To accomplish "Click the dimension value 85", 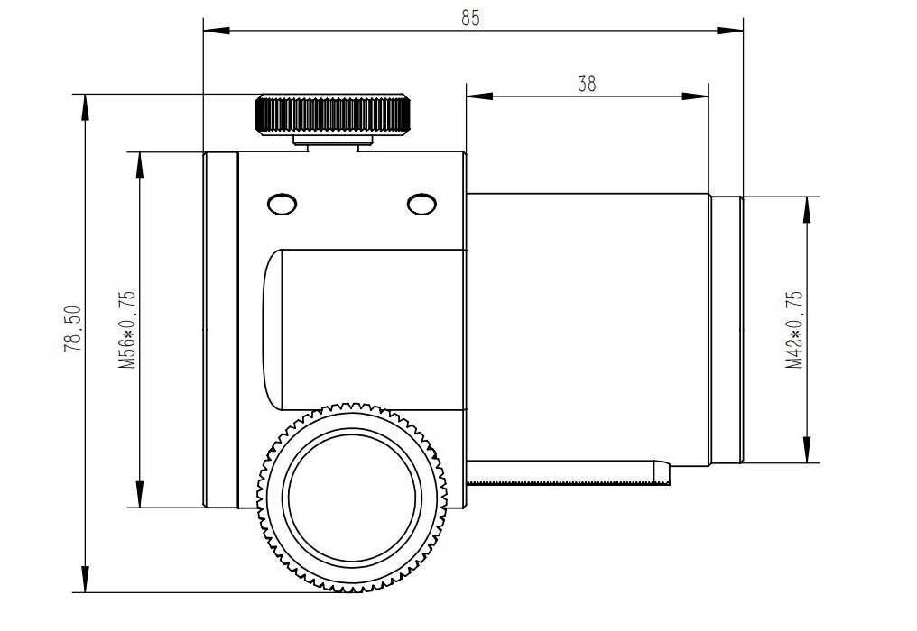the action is tap(470, 18).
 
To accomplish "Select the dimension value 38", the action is tap(587, 84).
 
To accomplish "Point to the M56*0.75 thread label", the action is tap(127, 330).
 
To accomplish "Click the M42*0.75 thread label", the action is tap(794, 330).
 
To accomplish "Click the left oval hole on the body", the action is tap(282, 204).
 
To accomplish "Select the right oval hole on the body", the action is tap(421, 204).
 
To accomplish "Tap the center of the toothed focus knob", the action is tap(352, 498).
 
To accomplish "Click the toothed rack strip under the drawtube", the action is tap(569, 482).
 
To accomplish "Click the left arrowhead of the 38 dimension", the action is tap(479, 96).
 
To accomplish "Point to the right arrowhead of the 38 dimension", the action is tap(695, 96).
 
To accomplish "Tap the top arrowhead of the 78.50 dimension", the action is tap(86, 106).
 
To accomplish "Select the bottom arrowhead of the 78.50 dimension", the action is tap(86, 579).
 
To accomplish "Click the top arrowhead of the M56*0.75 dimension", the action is tap(139, 165).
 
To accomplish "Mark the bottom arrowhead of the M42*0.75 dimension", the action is tap(808, 449).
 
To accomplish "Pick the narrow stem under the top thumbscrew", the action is tap(333, 141).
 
